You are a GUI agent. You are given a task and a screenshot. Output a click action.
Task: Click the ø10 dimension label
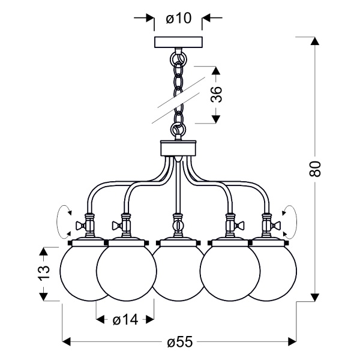click(178, 18)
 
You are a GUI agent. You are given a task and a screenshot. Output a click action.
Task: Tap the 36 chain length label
click(217, 94)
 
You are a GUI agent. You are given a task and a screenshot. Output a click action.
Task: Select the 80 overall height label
click(315, 169)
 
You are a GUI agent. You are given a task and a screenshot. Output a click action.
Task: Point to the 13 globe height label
click(44, 273)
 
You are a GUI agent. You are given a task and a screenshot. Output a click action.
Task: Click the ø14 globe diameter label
click(125, 320)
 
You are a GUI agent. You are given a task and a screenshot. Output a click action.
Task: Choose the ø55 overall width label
click(180, 343)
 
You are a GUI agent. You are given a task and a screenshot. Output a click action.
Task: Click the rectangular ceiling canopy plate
click(178, 42)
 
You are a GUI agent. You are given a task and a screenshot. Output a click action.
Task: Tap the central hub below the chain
click(178, 148)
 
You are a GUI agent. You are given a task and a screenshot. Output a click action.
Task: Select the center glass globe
click(178, 273)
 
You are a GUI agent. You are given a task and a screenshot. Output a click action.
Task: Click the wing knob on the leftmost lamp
click(81, 226)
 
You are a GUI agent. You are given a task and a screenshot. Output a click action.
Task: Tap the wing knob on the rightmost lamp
click(277, 226)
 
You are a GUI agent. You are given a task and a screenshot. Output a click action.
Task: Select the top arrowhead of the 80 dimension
click(315, 41)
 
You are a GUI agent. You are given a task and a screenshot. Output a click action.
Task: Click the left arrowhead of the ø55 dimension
click(67, 341)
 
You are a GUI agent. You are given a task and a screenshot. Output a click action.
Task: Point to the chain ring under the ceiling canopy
click(178, 59)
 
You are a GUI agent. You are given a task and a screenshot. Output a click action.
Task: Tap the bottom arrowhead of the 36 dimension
click(215, 119)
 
